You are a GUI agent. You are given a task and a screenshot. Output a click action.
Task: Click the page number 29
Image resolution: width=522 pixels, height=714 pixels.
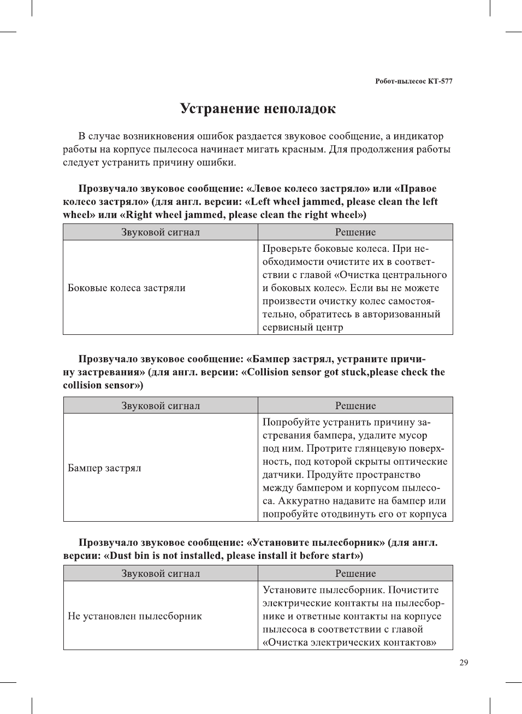coord(464,663)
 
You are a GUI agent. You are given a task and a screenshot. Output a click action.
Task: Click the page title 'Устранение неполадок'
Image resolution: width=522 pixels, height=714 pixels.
coord(258,109)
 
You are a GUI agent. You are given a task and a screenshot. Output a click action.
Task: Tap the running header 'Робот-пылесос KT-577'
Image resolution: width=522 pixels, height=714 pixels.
coord(413,81)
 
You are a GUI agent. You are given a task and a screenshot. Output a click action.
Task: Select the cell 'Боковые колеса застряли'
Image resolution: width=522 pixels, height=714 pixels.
coord(127,288)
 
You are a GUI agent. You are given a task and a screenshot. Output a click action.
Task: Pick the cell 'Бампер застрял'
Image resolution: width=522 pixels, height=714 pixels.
coord(104,468)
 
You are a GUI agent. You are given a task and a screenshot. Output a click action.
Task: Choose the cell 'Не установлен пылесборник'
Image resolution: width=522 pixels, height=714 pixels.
coord(135,616)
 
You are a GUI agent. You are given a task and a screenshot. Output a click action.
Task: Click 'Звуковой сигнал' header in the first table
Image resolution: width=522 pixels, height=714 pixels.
coord(161,232)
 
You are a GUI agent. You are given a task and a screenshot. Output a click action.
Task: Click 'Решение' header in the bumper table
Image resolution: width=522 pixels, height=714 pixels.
coord(355,406)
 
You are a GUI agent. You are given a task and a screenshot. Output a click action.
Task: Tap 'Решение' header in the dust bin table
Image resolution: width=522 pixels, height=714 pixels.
coord(355,574)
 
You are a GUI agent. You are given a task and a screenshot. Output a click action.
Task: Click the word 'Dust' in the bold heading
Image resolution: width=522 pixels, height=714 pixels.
coord(122,556)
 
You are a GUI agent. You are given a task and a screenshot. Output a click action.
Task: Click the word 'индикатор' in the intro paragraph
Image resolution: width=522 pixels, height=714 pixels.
coord(418,136)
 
